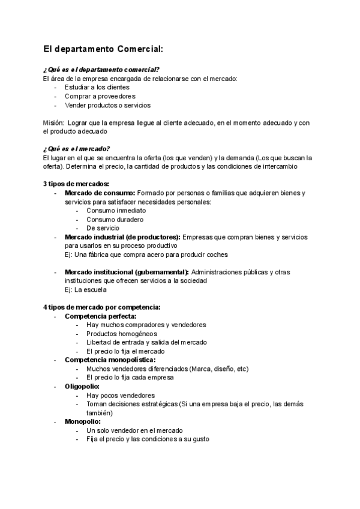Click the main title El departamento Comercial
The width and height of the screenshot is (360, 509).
(x=103, y=49)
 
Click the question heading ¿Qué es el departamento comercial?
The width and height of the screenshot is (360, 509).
(x=101, y=70)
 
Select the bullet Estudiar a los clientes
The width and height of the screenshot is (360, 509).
(x=97, y=87)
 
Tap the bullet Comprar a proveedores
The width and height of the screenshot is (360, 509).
(x=100, y=96)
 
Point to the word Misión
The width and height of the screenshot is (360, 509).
(x=53, y=122)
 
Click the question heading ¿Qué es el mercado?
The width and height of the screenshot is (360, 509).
(x=76, y=149)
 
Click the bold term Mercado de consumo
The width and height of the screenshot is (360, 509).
(x=100, y=193)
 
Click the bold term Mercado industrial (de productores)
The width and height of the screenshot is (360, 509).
(x=122, y=237)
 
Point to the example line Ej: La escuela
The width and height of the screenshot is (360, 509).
(x=86, y=290)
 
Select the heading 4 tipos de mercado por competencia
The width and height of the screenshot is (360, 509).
(x=101, y=307)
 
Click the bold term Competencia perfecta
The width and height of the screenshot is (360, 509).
(x=100, y=316)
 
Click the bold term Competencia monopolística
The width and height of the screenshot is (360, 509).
(x=110, y=360)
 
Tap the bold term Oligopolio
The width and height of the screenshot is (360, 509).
(x=82, y=387)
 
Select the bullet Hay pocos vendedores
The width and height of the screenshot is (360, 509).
(x=121, y=396)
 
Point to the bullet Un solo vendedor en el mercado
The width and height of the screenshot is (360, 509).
(x=134, y=431)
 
